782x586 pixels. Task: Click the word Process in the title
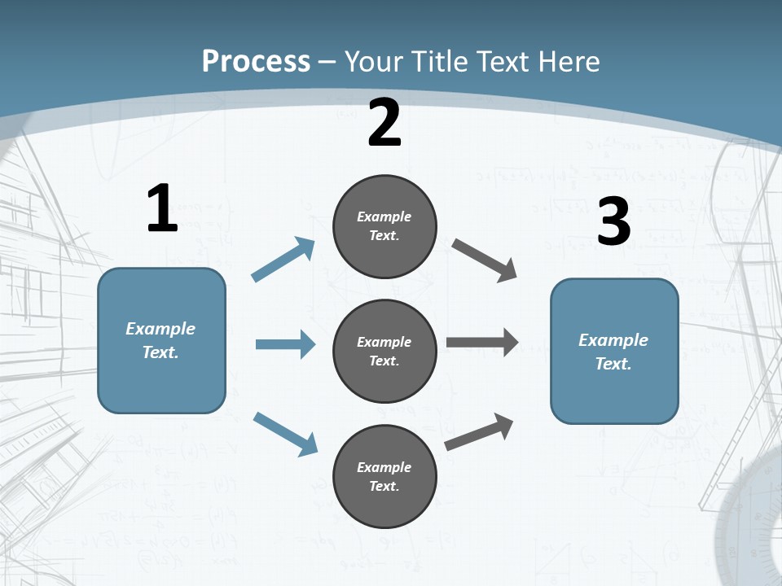(257, 62)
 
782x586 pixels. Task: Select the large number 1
(162, 209)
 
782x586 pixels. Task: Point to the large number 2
(384, 124)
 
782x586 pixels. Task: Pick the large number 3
(613, 222)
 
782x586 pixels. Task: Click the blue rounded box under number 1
(161, 340)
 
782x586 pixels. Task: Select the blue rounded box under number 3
(614, 351)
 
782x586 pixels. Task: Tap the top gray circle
(384, 226)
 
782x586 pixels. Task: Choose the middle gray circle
(384, 351)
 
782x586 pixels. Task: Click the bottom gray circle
(384, 476)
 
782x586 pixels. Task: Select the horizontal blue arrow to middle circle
(285, 344)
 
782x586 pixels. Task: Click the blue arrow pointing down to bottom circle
(286, 434)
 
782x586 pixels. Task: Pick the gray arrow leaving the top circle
(485, 260)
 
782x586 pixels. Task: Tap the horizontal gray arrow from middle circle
(482, 343)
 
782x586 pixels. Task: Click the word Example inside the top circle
(384, 216)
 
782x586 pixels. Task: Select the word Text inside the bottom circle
(383, 486)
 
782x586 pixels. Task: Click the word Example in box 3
(613, 340)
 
